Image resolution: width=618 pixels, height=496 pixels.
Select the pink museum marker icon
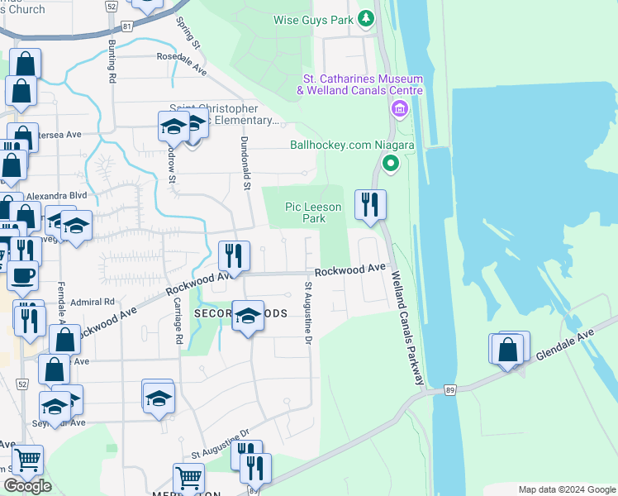400,109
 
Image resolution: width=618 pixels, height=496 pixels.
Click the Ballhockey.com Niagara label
352,144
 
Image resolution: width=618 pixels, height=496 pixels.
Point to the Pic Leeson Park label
306,212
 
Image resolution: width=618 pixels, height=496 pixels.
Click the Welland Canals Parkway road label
407,328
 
